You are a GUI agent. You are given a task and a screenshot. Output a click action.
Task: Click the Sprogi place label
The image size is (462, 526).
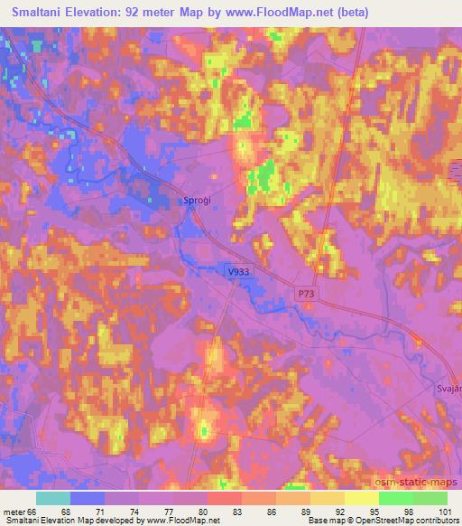click(x=197, y=201)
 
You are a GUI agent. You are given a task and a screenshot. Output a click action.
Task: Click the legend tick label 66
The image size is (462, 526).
click(x=36, y=511)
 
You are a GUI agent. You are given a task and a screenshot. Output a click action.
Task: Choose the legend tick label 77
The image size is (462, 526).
click(x=156, y=511)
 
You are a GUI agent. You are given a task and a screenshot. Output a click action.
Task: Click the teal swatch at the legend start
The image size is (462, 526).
click(x=53, y=498)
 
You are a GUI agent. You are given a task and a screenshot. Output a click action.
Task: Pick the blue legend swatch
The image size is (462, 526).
click(x=88, y=498)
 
